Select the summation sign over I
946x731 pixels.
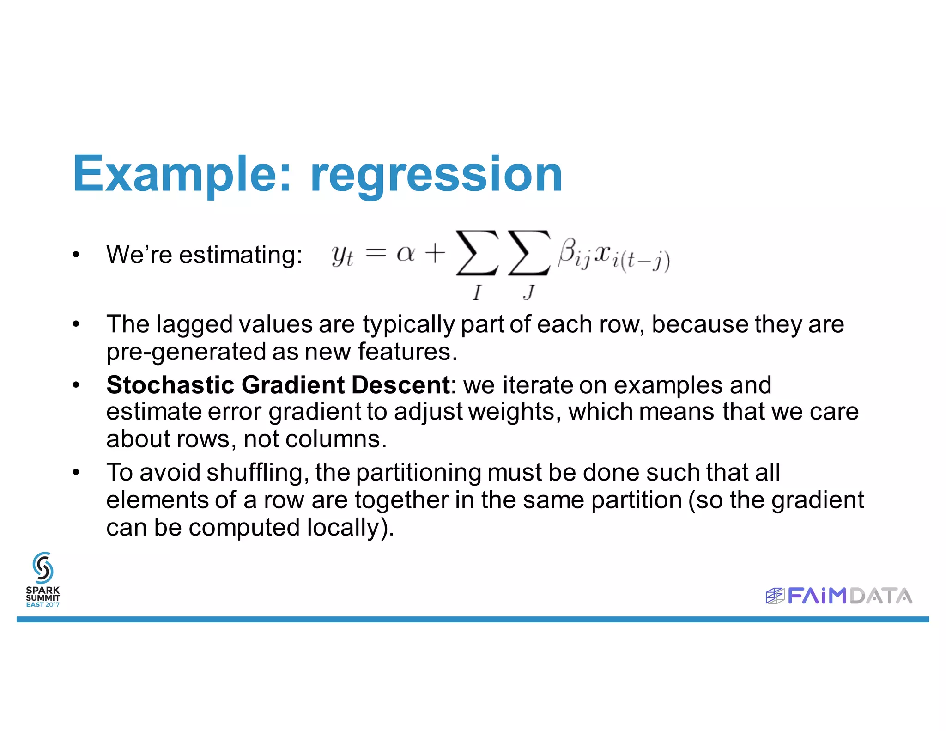[x=477, y=253]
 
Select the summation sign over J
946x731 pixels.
[x=529, y=253]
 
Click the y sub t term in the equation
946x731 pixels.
[x=342, y=256]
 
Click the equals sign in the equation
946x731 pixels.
[x=375, y=253]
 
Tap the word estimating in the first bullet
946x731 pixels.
[x=241, y=255]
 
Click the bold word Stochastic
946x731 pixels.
[x=170, y=385]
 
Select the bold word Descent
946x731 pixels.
[x=400, y=385]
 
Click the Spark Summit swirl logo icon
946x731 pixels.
[x=43, y=568]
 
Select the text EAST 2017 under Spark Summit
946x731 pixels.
[x=43, y=604]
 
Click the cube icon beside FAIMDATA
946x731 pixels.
[x=775, y=596]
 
